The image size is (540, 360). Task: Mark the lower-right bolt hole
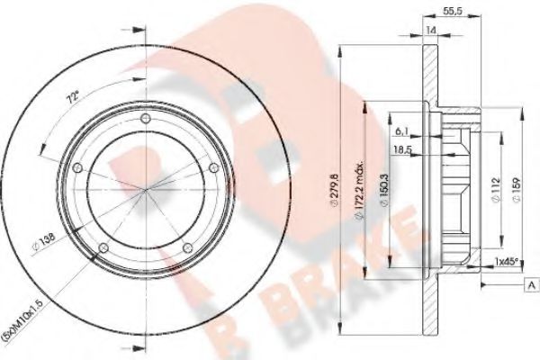(x=186, y=249)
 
